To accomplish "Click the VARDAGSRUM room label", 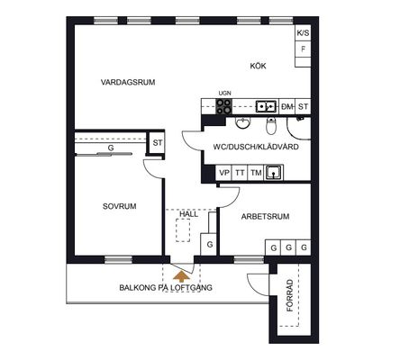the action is (128, 82).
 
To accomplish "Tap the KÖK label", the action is (258, 66).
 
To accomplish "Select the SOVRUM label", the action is (120, 206).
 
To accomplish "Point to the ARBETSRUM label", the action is (266, 216).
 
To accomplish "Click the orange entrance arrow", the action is (181, 276).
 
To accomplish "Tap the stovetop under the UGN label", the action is (224, 106).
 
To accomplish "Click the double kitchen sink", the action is (266, 106).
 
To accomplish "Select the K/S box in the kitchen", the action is (303, 33).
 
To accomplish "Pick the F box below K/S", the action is (303, 49).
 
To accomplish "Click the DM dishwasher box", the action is (287, 106).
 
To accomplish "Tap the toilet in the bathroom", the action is (271, 126).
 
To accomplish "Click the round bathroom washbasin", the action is (242, 122).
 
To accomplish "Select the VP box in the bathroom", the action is (223, 173).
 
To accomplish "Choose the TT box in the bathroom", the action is (240, 173).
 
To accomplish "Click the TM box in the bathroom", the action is (256, 173).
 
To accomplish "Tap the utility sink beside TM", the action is (273, 173).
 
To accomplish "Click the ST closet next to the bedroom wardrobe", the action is (157, 143).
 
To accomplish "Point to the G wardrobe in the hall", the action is (210, 245).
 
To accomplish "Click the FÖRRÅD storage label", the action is (290, 295).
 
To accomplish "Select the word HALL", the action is (189, 214).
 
